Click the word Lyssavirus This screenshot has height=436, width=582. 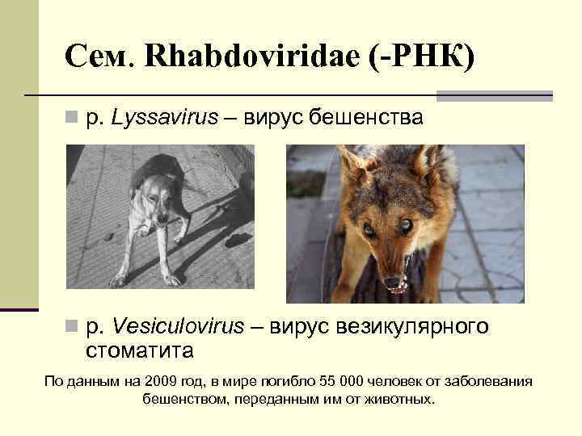pyautogui.click(x=165, y=118)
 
